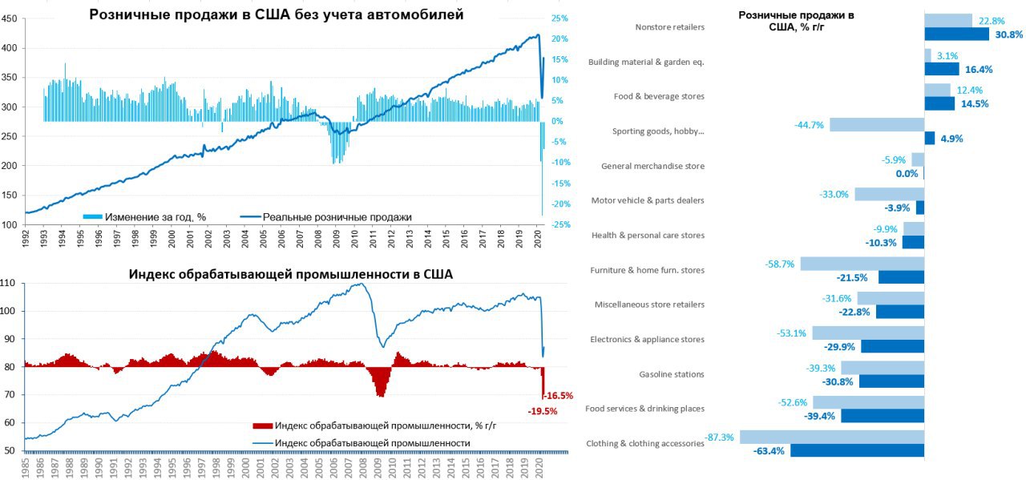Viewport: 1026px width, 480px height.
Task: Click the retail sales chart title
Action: click(x=277, y=14)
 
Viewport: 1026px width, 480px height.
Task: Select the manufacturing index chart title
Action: click(x=291, y=274)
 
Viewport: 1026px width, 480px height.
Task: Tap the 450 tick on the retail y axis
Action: click(x=10, y=19)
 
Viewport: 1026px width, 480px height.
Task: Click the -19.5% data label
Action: click(x=543, y=411)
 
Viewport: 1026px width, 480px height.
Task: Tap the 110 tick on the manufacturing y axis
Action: click(x=10, y=284)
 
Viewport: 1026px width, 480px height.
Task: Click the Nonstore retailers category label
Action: click(x=669, y=27)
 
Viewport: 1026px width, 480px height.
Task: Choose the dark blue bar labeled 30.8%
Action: click(x=956, y=34)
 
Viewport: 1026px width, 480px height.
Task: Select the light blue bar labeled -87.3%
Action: click(x=832, y=438)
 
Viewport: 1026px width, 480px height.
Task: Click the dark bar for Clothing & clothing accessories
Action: click(x=857, y=450)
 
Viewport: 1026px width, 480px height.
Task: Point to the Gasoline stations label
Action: click(x=672, y=374)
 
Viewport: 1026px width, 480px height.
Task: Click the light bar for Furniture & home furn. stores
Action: click(x=862, y=264)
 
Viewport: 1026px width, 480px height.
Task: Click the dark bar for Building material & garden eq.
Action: click(x=941, y=69)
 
